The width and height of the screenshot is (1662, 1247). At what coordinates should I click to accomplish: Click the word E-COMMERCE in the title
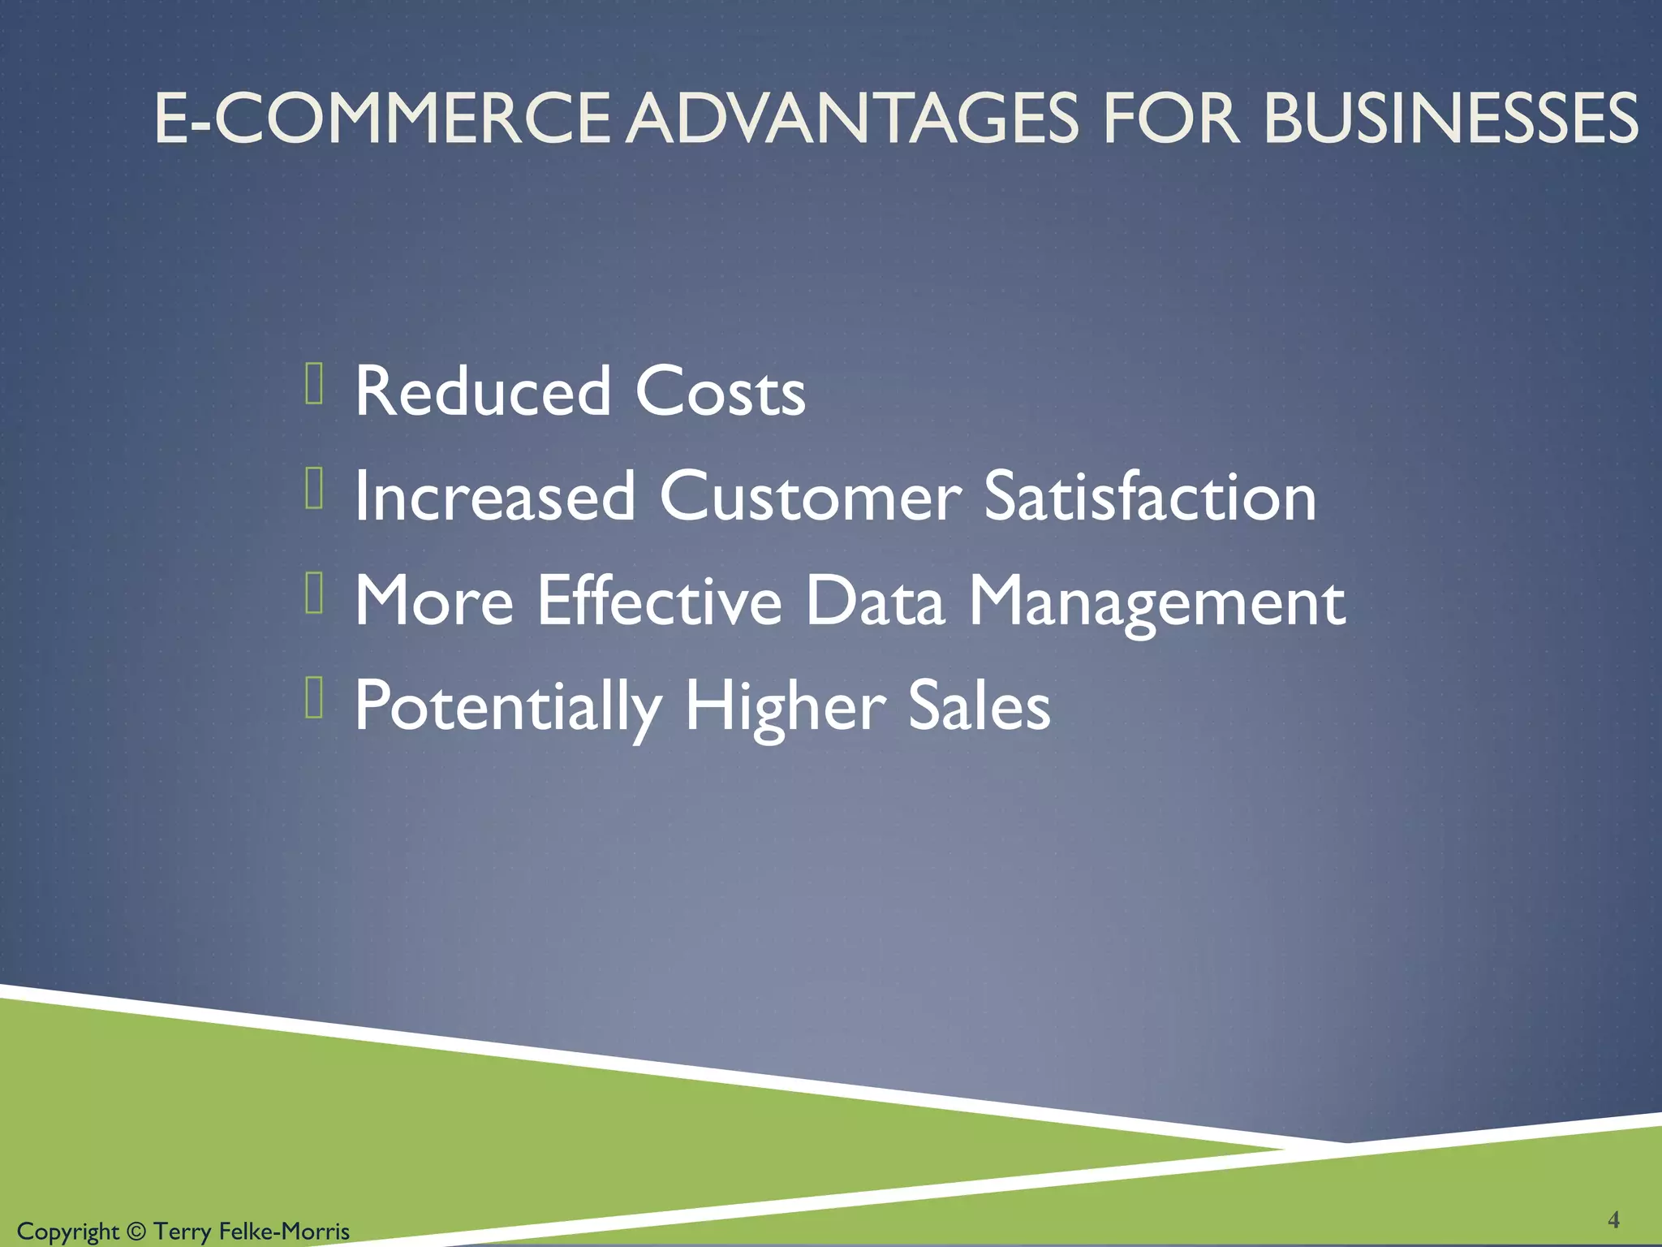coord(381,119)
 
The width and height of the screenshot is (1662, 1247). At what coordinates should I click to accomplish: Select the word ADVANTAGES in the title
coord(855,119)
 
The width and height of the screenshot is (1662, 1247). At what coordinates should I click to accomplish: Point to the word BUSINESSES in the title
coord(1451,119)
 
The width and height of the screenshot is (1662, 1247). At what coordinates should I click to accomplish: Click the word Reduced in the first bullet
coord(483,391)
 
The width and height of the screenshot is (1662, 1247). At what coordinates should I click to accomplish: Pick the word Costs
coord(720,391)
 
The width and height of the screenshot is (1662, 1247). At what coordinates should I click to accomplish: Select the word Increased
coord(495,496)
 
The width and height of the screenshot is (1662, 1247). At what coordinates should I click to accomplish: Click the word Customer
coord(810,496)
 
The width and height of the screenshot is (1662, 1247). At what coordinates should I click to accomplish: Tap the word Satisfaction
coord(1150,496)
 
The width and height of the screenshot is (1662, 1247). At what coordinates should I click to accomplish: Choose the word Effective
coord(659,601)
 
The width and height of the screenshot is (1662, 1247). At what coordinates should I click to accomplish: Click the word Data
coord(875,601)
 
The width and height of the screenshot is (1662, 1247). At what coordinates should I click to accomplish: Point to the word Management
coord(1157,602)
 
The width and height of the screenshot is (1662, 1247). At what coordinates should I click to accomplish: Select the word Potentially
coord(508,706)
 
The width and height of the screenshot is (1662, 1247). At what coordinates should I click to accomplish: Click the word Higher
coord(785,706)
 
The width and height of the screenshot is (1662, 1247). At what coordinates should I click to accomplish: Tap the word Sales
coord(979,705)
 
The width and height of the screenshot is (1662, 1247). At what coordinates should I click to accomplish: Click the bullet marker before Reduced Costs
coord(315,384)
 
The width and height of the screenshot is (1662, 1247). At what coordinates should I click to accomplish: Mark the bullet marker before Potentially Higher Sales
coord(315,698)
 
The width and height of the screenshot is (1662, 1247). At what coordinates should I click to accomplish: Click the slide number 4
coord(1613,1219)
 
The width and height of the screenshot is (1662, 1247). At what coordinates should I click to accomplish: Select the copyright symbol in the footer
coord(136,1232)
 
